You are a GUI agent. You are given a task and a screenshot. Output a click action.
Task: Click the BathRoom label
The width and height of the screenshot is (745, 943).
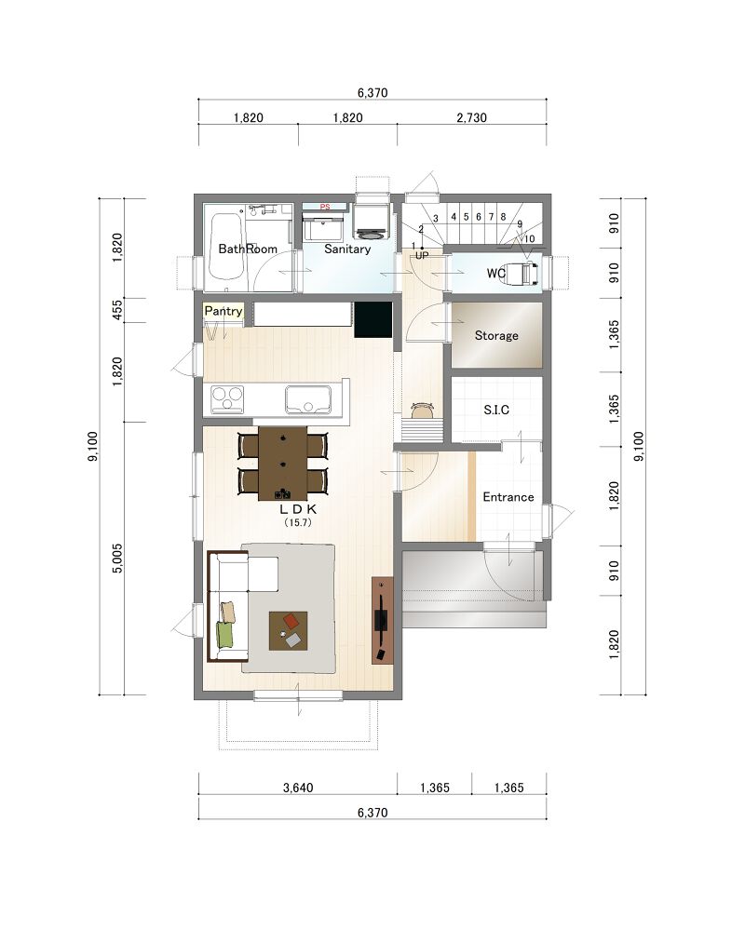[248, 249]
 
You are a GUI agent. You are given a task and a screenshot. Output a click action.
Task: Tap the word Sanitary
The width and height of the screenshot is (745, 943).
[347, 249]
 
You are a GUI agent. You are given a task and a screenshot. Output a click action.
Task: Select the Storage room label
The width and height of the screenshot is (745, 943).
[496, 335]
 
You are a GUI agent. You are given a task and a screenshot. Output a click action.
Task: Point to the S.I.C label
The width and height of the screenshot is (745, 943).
[496, 410]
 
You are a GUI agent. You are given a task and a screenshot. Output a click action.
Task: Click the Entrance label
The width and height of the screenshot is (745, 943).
[508, 497]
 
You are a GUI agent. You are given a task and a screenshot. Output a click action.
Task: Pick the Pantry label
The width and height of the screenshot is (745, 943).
[223, 311]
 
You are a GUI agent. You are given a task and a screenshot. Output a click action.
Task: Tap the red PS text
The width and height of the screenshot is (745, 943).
[325, 207]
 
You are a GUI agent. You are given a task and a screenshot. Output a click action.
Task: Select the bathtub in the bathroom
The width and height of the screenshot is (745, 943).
[227, 246]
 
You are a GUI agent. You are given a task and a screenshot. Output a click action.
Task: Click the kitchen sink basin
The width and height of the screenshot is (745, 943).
[308, 399]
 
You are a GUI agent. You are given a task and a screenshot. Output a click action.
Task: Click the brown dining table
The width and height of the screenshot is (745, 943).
[283, 463]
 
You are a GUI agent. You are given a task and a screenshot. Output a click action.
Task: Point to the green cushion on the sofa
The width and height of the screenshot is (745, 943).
[224, 635]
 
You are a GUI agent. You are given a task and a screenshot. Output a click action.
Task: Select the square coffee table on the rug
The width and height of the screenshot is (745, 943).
[289, 631]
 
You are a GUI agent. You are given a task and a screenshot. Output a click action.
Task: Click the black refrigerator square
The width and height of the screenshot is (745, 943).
[373, 319]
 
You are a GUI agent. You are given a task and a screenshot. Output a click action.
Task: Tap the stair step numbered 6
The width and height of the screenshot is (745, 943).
[479, 217]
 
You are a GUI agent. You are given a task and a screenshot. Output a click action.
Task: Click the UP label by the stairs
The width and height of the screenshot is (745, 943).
[422, 256]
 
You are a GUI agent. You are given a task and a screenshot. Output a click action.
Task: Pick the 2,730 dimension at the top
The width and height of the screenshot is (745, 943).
[472, 117]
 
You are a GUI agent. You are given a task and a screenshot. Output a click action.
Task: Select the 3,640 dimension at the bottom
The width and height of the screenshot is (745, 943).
[298, 788]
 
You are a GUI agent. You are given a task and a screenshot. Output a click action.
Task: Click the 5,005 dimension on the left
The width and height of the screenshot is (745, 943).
[117, 559]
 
